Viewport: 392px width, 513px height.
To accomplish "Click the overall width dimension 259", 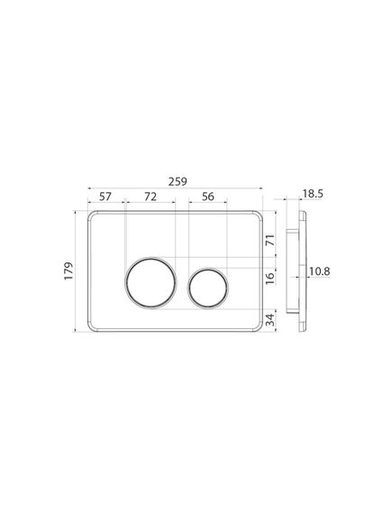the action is point(178,181).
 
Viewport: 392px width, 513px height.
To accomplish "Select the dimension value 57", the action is point(105,197).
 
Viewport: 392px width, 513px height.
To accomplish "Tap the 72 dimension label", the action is point(150,197).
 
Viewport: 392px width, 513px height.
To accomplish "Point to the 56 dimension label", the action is point(208,197).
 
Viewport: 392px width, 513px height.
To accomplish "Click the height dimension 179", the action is point(68,270).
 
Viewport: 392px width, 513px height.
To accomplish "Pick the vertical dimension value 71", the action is point(270,241).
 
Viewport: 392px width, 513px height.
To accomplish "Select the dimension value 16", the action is point(270,279).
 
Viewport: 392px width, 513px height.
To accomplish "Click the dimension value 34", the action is point(270,320).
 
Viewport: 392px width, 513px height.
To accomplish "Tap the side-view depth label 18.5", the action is point(313,194).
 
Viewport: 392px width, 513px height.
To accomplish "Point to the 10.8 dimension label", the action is point(320,271).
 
